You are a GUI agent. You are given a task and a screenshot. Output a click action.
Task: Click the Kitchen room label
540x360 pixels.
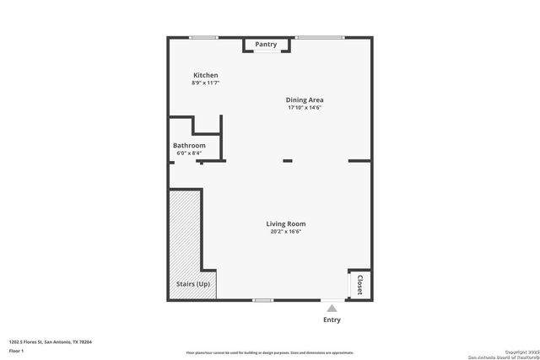click(206, 75)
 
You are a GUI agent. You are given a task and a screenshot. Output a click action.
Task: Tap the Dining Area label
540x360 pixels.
click(305, 99)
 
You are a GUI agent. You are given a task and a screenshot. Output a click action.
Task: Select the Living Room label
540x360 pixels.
click(286, 223)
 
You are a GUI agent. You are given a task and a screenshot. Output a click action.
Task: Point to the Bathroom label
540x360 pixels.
click(189, 145)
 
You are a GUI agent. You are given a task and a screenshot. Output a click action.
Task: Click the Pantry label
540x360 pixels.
click(266, 44)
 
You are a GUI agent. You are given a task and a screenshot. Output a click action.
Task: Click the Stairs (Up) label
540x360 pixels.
click(193, 284)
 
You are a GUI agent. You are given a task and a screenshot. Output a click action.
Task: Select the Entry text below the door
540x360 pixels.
click(332, 320)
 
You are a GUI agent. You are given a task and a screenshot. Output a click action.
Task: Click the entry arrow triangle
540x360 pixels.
click(332, 308)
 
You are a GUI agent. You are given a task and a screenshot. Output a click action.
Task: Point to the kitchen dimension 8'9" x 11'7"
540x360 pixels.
click(206, 83)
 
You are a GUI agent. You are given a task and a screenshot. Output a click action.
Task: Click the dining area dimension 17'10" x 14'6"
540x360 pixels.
click(305, 107)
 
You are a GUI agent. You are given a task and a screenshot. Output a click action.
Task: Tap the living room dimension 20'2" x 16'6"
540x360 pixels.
click(286, 231)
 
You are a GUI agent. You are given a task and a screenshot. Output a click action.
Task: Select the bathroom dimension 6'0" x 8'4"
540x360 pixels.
click(189, 153)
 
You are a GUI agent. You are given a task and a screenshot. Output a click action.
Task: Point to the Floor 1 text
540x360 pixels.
click(17, 350)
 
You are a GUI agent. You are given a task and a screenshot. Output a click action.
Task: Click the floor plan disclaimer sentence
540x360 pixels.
click(270, 352)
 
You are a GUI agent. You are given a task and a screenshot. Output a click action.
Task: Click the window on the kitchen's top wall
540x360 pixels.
click(203, 37)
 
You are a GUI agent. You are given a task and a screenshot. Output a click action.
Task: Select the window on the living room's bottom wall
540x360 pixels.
click(263, 299)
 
